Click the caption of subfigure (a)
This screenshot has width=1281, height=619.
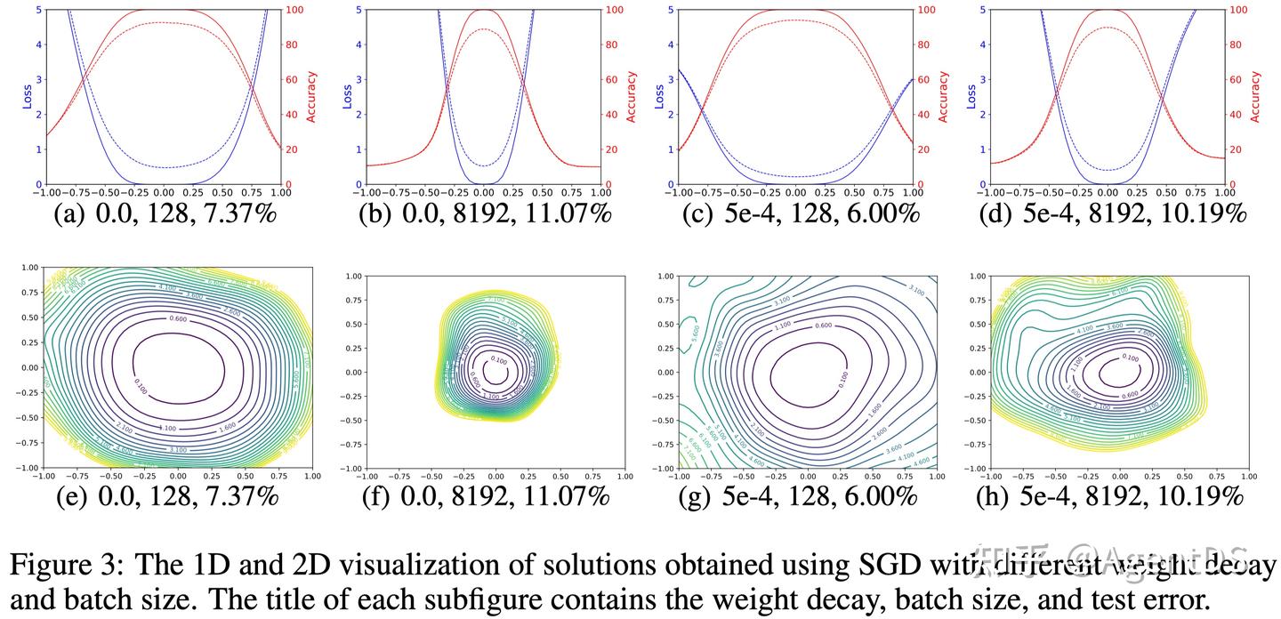(x=164, y=214)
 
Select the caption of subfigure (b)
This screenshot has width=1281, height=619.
(x=483, y=214)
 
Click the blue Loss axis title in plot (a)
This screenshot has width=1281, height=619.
(x=26, y=96)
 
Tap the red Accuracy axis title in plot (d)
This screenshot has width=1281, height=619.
(x=1256, y=96)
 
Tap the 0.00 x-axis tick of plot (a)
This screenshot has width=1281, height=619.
(x=164, y=192)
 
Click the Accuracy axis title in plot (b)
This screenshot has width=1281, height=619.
(x=632, y=96)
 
